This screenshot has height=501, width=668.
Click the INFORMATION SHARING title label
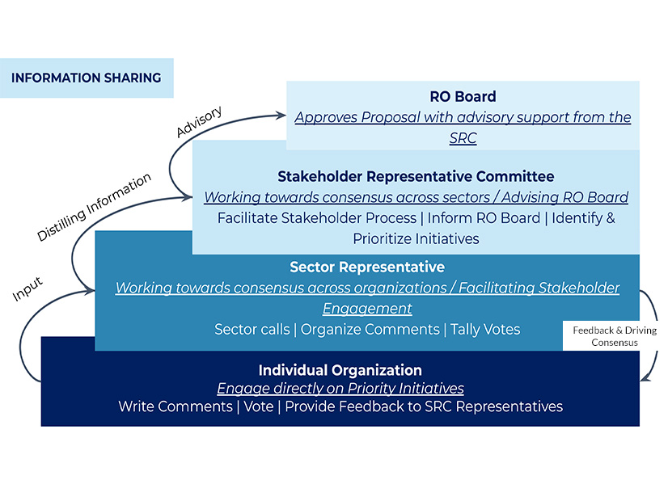86,78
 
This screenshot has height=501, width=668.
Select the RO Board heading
463,96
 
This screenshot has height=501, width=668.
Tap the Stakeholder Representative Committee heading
416,176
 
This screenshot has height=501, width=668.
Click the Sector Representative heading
367,267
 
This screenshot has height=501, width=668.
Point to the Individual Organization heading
340,370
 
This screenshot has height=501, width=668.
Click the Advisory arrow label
199,121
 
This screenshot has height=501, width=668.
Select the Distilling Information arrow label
95,207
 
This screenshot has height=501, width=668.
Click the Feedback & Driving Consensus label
615,336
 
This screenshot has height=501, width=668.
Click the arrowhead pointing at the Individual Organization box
645,377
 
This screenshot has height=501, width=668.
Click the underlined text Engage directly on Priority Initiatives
340,389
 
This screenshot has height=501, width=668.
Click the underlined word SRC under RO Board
463,138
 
